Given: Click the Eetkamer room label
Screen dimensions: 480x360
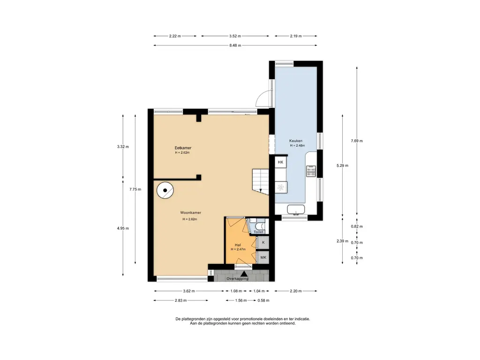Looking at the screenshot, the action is (x=183, y=148).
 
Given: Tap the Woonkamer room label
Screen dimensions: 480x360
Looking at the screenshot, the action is (x=190, y=212).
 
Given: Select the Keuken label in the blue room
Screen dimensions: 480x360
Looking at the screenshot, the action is (x=296, y=141).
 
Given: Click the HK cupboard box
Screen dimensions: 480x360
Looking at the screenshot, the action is (x=280, y=162).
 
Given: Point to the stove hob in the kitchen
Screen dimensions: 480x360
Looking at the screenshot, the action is (x=311, y=171).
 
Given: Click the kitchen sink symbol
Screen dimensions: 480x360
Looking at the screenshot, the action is (x=296, y=210).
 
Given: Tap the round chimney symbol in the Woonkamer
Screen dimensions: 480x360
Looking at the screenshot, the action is (x=165, y=190).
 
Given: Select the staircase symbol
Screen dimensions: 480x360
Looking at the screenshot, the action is (x=261, y=182).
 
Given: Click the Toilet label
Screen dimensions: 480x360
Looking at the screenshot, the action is (x=258, y=232).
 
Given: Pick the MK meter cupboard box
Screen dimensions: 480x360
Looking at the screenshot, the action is (x=263, y=257).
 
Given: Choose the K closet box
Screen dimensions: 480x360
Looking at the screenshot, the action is (x=263, y=242).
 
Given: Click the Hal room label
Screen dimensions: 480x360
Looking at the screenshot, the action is (x=238, y=245).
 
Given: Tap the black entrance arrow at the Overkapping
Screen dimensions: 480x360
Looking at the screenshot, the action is (x=244, y=274).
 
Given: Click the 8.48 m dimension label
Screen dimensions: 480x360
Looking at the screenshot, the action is (x=235, y=45).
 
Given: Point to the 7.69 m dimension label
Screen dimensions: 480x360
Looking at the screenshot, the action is (x=357, y=141).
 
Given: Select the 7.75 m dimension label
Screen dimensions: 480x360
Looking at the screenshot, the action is (x=135, y=189).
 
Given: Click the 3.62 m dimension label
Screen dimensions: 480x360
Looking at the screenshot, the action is (x=189, y=291).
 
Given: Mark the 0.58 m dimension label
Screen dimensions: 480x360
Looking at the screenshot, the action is (x=263, y=300).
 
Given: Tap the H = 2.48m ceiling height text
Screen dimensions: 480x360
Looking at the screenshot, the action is (x=298, y=146).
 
